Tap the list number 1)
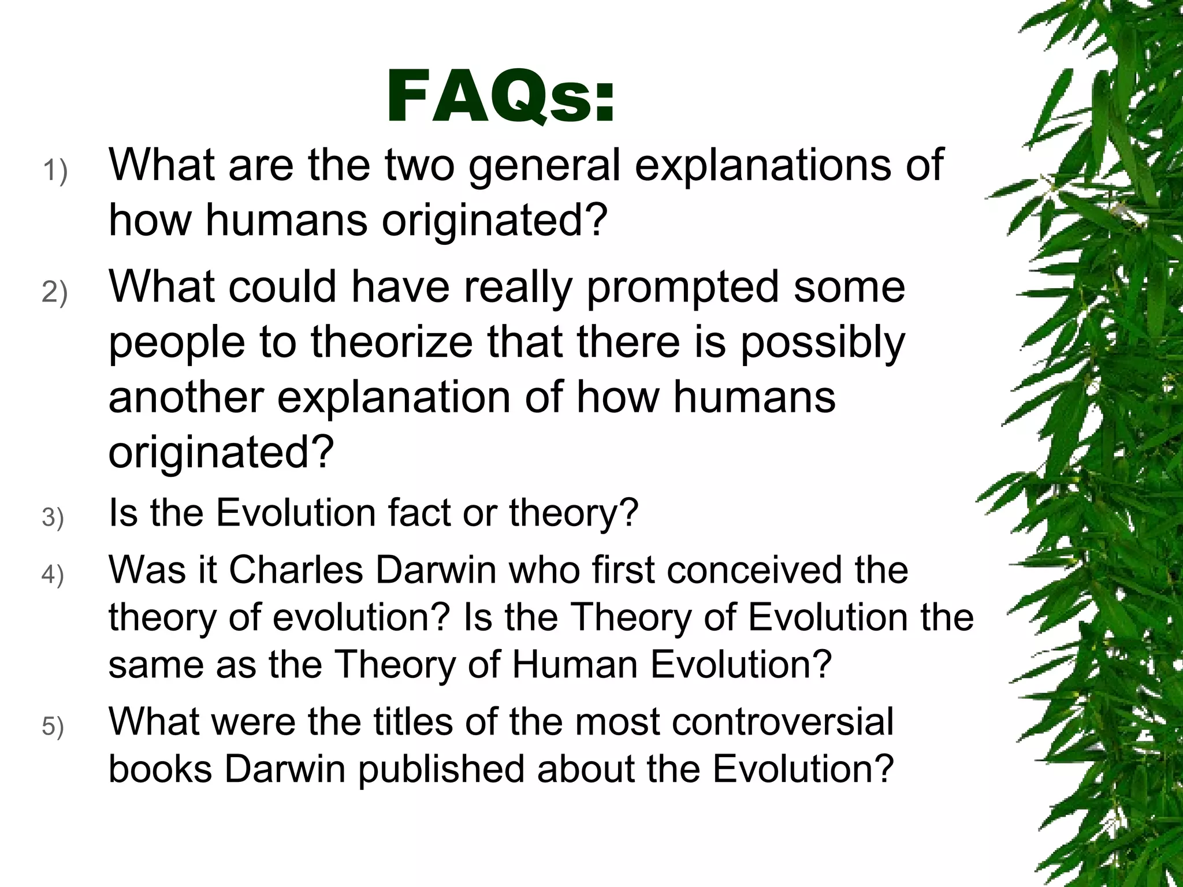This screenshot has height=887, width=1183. (x=55, y=172)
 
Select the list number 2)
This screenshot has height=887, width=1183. (x=55, y=292)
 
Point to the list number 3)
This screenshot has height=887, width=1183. (x=53, y=517)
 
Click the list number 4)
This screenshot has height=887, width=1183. (x=53, y=575)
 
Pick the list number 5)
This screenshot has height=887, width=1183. (x=53, y=726)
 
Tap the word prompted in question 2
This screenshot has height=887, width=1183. (x=682, y=288)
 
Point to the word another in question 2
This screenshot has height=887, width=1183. (x=186, y=397)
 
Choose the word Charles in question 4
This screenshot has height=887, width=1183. (x=296, y=571)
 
